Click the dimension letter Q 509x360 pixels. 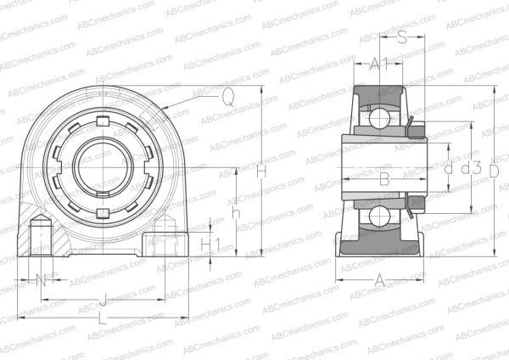click(227, 98)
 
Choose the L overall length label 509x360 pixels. click(102, 318)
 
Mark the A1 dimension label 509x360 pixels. click(379, 64)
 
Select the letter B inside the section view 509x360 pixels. click(383, 178)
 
